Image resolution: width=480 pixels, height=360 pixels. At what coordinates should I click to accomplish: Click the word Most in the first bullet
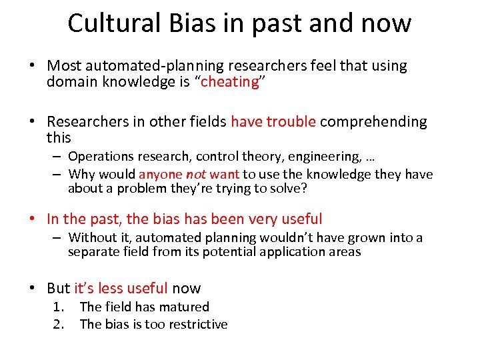[x=65, y=66]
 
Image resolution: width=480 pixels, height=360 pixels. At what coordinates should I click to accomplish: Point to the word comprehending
[x=373, y=122]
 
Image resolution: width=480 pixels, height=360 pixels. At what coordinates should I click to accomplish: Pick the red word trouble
[x=291, y=122]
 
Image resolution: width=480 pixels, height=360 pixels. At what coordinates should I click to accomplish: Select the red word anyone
[x=160, y=175]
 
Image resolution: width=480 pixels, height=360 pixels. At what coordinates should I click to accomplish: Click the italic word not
[x=195, y=175]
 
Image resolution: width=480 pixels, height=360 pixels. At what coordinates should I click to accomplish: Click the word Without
[x=92, y=238]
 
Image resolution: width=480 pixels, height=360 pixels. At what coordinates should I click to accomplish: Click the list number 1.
[x=59, y=307]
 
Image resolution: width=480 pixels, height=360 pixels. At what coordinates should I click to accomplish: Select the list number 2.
[x=59, y=325]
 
